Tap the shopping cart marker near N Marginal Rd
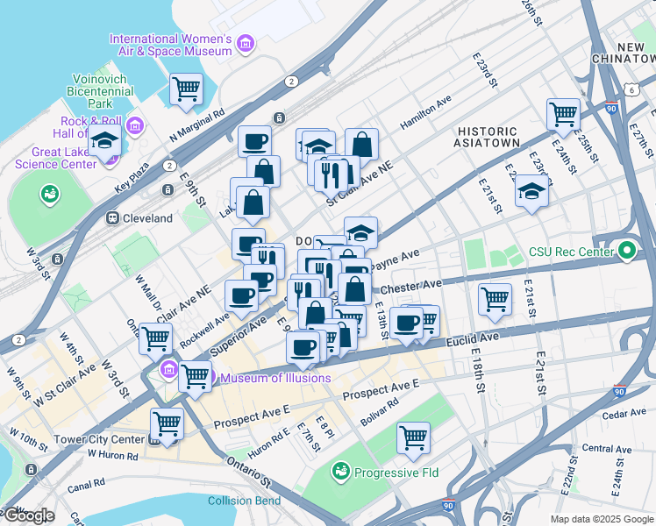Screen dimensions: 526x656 (186, 89)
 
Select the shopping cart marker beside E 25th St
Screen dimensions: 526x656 (562, 113)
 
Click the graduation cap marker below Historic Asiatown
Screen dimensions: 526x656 (531, 191)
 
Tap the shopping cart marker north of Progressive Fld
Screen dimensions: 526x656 (413, 437)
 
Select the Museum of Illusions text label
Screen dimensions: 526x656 (275, 378)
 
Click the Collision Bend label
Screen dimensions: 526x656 (244, 501)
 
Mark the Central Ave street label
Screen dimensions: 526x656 (606, 449)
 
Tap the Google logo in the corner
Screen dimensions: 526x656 (28, 515)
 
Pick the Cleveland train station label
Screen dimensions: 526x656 (146, 218)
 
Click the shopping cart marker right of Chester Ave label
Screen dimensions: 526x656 (495, 299)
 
